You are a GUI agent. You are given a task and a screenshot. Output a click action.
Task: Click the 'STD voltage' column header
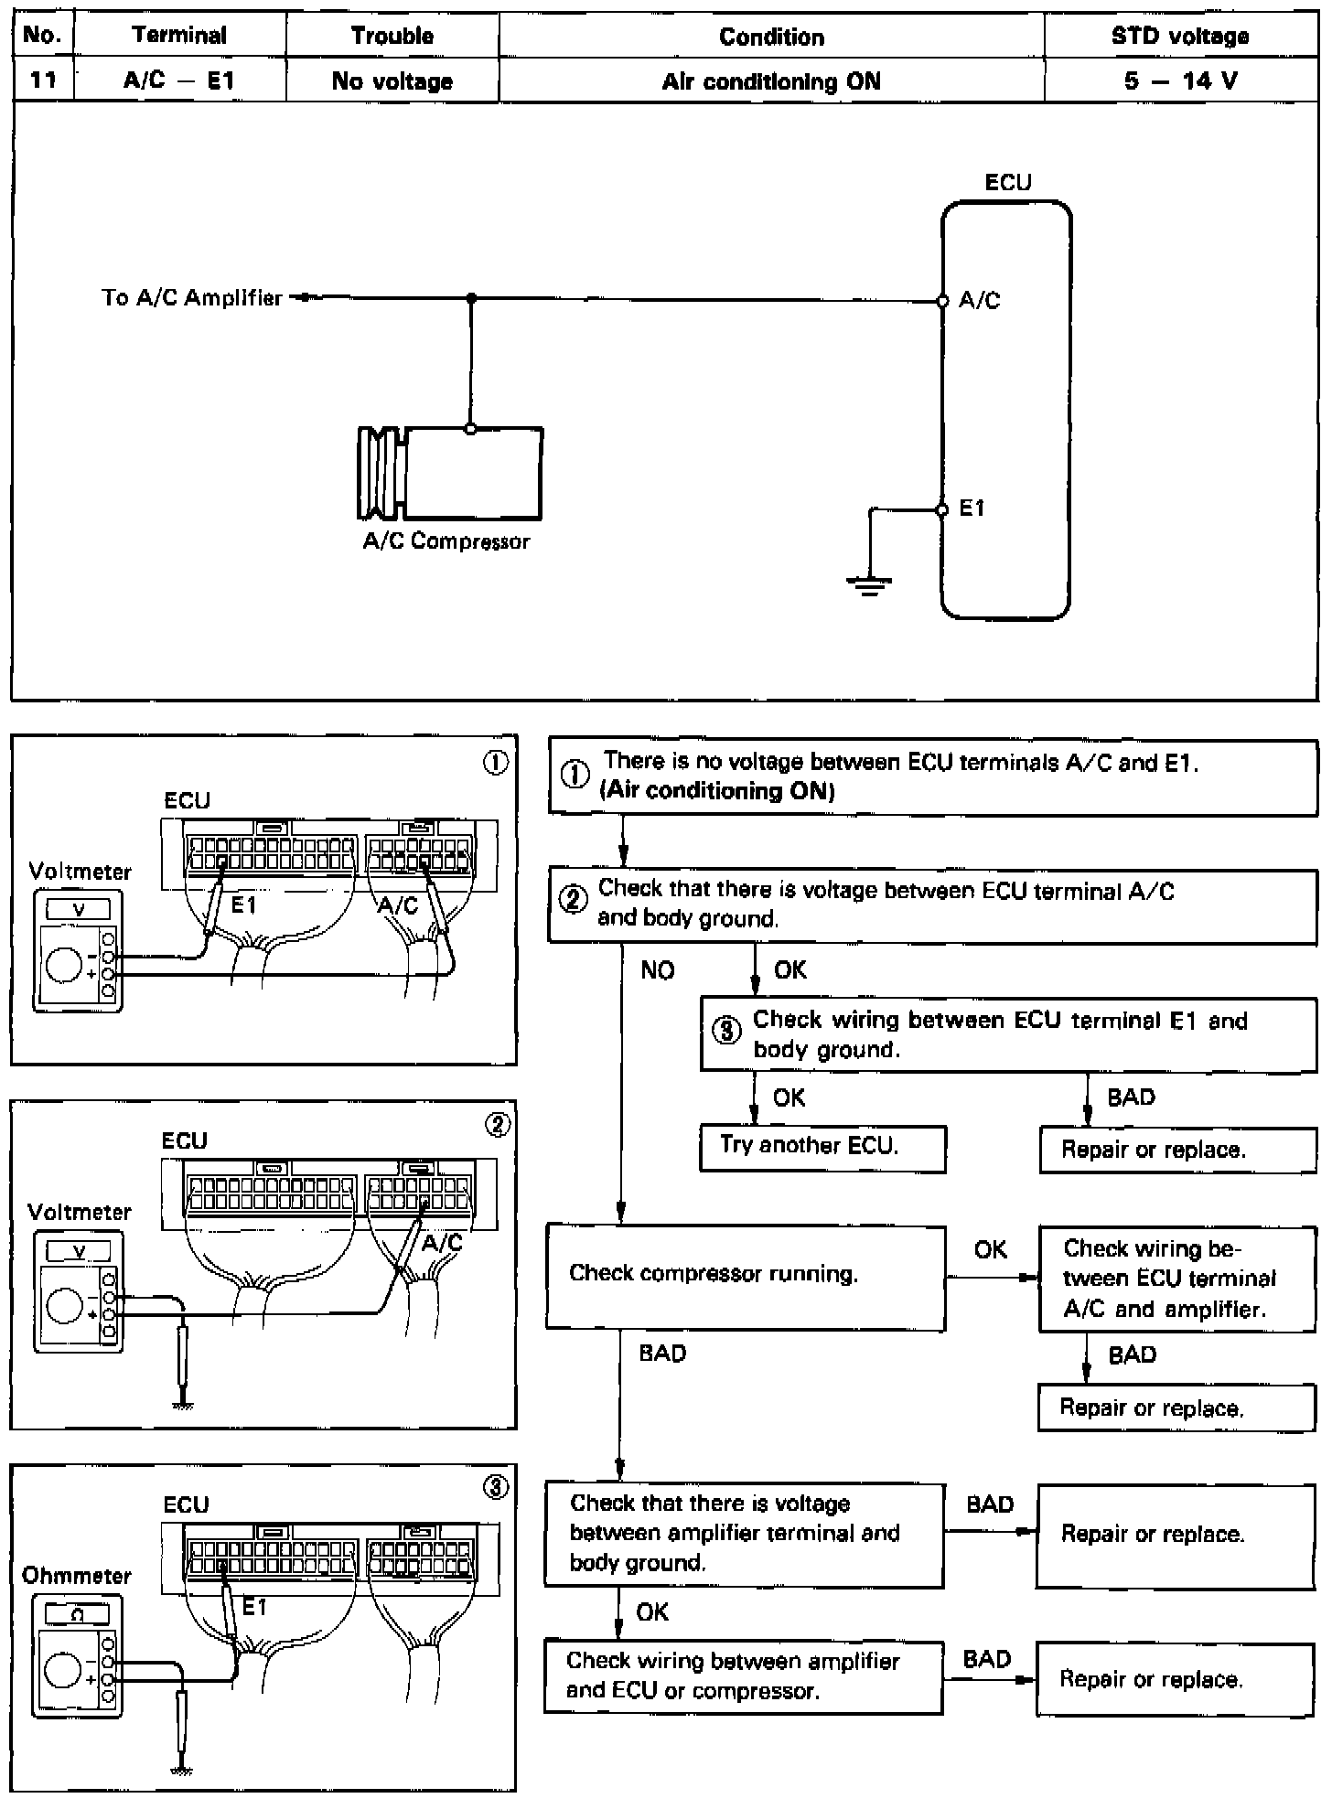[x=1180, y=37]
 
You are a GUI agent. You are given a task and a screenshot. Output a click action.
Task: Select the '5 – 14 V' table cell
[x=1180, y=81]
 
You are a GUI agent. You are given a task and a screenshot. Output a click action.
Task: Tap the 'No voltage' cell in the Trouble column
[x=392, y=81]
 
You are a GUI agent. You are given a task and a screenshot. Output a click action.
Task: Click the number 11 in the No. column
[x=43, y=80]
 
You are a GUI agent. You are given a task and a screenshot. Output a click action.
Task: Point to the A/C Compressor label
[x=446, y=541]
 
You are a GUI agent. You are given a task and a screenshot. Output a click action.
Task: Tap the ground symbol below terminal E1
[x=868, y=583]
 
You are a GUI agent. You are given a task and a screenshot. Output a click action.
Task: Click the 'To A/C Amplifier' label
[x=192, y=298]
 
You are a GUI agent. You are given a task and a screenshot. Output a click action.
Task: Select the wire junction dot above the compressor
[x=471, y=298]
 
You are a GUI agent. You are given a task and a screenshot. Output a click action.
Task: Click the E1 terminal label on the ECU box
[x=972, y=508]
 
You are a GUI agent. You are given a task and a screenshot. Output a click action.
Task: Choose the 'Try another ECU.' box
[x=822, y=1148]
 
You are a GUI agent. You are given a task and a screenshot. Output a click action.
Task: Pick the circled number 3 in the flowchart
[x=727, y=1032]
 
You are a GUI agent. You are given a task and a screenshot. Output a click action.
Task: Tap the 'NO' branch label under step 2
[x=658, y=970]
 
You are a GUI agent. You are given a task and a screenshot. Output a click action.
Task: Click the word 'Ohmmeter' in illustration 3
[x=77, y=1576]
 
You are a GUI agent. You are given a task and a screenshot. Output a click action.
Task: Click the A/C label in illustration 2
[x=442, y=1242]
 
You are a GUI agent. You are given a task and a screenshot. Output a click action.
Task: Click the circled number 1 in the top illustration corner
[x=495, y=763]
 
